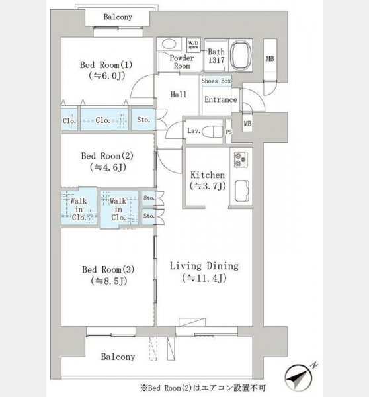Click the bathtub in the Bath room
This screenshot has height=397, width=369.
pyautogui.click(x=241, y=56)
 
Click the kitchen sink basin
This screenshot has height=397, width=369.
pyautogui.click(x=241, y=191)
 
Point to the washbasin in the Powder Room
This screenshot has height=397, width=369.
pyautogui.click(x=169, y=44)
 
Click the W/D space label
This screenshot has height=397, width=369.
pyautogui.click(x=194, y=45)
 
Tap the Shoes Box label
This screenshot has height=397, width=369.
pyautogui.click(x=216, y=81)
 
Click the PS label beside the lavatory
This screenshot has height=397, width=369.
pyautogui.click(x=229, y=132)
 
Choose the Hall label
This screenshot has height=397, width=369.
pyautogui.click(x=179, y=95)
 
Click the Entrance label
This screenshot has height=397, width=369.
pyautogui.click(x=221, y=99)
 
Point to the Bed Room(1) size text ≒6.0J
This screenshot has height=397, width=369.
pyautogui.click(x=107, y=75)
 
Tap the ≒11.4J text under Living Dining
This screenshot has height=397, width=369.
pyautogui.click(x=204, y=278)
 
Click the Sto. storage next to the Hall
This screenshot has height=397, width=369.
pyautogui.click(x=143, y=120)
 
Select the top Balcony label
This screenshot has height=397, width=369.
pyautogui.click(x=118, y=17)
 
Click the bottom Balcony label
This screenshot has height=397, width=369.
pyautogui.click(x=118, y=357)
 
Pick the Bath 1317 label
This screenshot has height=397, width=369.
pyautogui.click(x=216, y=56)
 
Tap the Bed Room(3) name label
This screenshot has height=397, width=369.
pyautogui.click(x=108, y=269)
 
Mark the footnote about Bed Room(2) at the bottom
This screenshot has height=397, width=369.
pyautogui.click(x=203, y=388)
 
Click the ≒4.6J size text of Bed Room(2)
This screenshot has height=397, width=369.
pyautogui.click(x=108, y=167)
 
